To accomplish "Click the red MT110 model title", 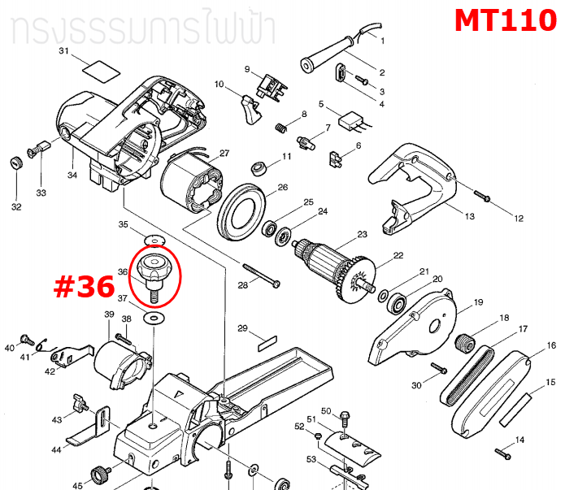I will click(505, 20).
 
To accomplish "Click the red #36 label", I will click(83, 288).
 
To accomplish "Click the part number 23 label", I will click(363, 235).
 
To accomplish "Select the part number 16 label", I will click(551, 345).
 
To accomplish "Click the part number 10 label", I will click(219, 85).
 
